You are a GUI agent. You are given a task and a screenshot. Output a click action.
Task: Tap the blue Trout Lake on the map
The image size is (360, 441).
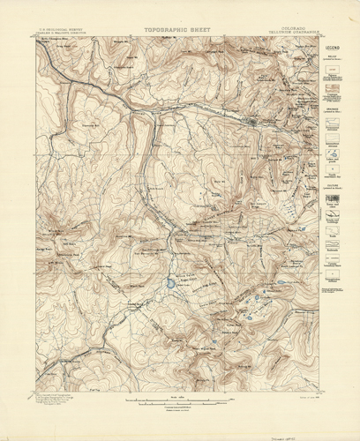[x=168, y=283]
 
